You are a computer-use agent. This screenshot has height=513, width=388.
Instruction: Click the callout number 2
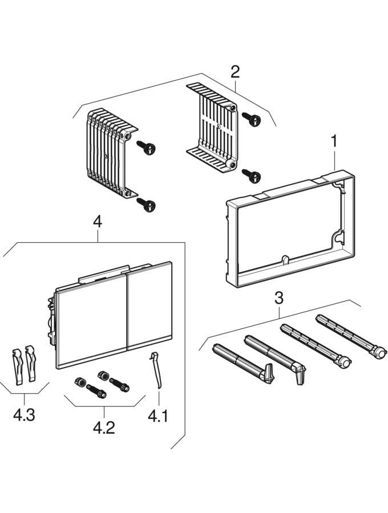pyautogui.click(x=235, y=72)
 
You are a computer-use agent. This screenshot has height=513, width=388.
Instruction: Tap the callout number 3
pyautogui.click(x=278, y=298)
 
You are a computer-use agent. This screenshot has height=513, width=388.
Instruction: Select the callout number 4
pyautogui.click(x=98, y=222)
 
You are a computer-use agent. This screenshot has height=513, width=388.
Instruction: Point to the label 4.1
pyautogui.click(x=158, y=417)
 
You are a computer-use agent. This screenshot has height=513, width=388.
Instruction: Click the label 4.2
pyautogui.click(x=104, y=427)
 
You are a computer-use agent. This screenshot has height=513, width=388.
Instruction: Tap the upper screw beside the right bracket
pyautogui.click(x=250, y=119)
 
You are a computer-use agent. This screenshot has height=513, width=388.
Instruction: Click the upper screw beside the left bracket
pyautogui.click(x=147, y=148)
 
